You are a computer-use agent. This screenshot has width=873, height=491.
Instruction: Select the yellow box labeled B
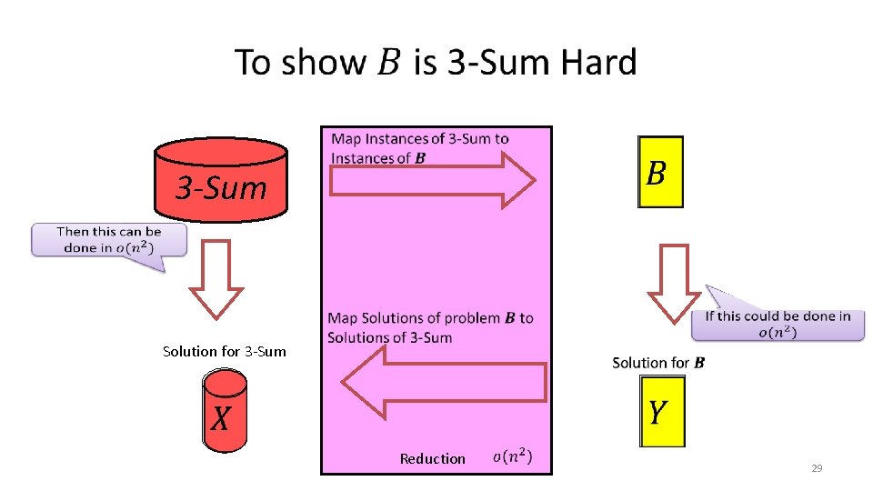(x=660, y=172)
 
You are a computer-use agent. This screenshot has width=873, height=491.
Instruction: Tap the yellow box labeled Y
(x=662, y=411)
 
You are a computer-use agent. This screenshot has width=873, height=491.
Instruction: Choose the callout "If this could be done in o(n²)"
(x=778, y=324)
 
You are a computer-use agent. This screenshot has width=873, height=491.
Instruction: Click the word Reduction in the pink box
(x=432, y=459)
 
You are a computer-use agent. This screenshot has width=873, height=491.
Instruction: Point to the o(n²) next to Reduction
(x=513, y=456)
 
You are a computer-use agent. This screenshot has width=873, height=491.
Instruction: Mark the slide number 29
(x=816, y=468)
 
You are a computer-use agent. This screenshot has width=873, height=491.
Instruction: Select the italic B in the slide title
(x=387, y=64)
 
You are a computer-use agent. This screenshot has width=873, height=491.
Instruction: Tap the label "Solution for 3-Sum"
(x=224, y=351)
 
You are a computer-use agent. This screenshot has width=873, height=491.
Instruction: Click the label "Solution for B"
(x=658, y=363)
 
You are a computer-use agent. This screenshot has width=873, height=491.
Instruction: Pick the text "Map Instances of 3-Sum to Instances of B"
(x=420, y=148)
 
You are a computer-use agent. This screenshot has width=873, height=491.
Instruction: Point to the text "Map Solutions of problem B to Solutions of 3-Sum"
(x=430, y=327)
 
